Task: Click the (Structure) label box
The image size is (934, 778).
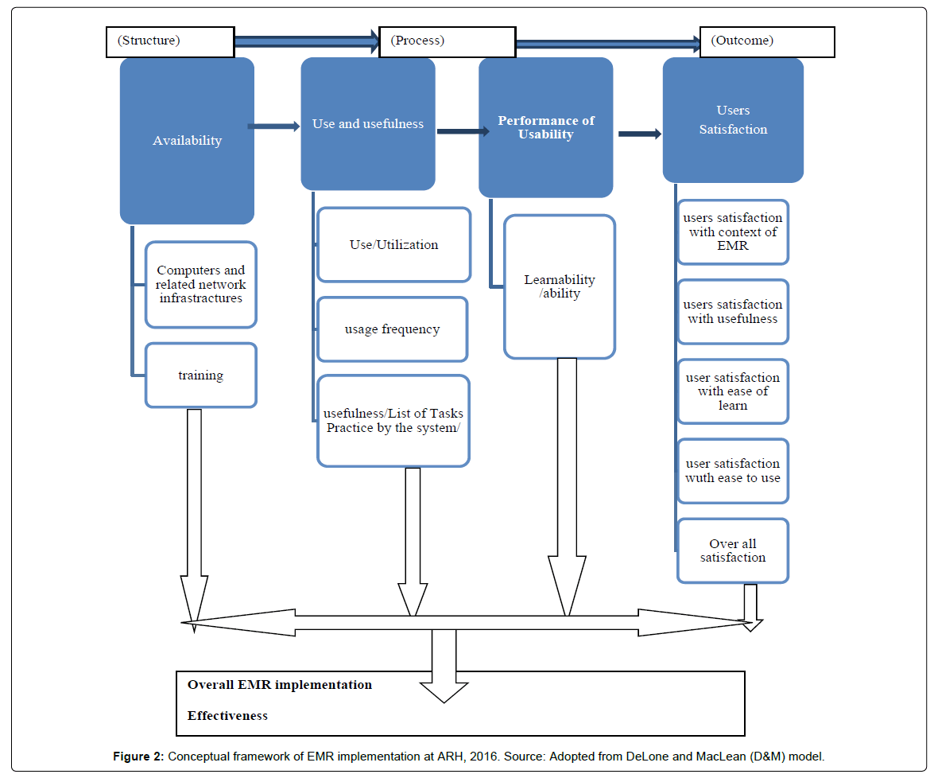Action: [x=170, y=42]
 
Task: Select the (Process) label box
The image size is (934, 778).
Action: [x=448, y=42]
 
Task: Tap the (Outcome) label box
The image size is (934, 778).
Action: [x=766, y=42]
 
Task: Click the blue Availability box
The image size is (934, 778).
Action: [x=187, y=141]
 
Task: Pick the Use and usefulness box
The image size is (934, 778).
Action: [x=367, y=124]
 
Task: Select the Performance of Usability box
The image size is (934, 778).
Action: [x=545, y=128]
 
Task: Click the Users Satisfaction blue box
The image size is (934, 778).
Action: [x=733, y=120]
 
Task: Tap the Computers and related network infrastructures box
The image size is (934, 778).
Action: [x=200, y=285]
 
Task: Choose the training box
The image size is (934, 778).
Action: [x=200, y=375]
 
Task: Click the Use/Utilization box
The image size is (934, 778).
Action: [x=393, y=245]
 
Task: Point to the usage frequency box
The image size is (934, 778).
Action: [x=392, y=329]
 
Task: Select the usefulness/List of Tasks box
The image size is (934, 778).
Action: [x=393, y=421]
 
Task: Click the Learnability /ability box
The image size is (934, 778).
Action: [x=560, y=286]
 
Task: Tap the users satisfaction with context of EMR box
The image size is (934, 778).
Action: [x=733, y=232]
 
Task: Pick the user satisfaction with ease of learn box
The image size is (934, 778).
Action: [x=733, y=391]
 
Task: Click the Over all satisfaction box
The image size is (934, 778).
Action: [x=733, y=550]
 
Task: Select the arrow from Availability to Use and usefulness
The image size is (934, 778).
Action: [x=273, y=126]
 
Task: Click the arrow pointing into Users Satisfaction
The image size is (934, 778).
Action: [x=640, y=134]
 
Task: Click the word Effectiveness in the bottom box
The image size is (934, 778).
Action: [x=227, y=716]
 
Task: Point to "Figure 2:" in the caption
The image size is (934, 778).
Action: [x=138, y=757]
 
